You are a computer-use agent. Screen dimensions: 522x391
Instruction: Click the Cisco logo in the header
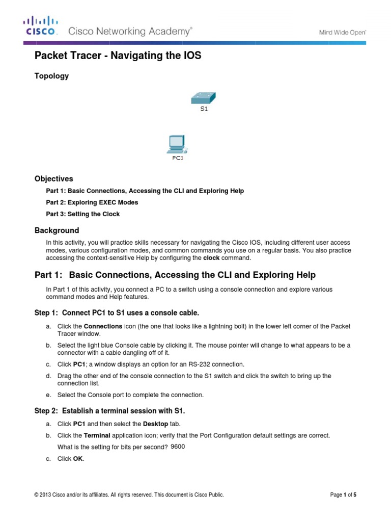point(41,27)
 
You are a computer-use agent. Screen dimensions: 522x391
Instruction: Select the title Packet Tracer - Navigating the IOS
point(118,56)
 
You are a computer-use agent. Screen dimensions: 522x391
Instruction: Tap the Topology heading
point(51,76)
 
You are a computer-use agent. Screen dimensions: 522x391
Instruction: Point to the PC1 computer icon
point(176,144)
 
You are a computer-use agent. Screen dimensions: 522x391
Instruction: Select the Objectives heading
point(53,179)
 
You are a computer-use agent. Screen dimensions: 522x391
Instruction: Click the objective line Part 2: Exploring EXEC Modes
point(92,202)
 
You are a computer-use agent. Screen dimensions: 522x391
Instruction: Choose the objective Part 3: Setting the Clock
point(83,214)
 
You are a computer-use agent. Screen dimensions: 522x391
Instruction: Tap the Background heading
point(57,230)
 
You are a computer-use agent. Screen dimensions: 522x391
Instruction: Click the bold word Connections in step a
point(103,326)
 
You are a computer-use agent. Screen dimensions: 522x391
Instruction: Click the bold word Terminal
point(97,435)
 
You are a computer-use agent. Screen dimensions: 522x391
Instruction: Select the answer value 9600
point(178,447)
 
